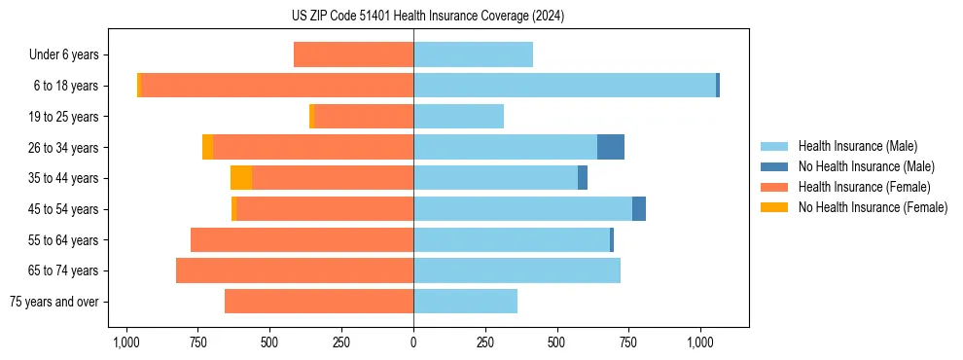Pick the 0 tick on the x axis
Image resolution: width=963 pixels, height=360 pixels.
413,342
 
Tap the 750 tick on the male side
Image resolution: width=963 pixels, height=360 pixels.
628,342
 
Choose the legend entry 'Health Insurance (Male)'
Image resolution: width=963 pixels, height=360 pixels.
857,146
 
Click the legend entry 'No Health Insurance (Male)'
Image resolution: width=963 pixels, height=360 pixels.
866,166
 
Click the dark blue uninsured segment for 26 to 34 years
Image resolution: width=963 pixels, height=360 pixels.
611,147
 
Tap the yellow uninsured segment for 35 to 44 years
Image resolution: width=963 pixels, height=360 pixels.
241,178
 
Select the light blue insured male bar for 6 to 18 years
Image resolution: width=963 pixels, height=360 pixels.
564,86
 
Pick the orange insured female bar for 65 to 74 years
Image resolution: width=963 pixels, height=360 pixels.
295,270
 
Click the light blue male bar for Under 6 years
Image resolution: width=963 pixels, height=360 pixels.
473,54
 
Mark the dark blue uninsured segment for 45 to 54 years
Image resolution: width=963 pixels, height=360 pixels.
639,209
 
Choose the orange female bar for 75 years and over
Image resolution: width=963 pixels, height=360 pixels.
319,302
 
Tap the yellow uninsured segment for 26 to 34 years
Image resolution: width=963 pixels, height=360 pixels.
207,147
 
